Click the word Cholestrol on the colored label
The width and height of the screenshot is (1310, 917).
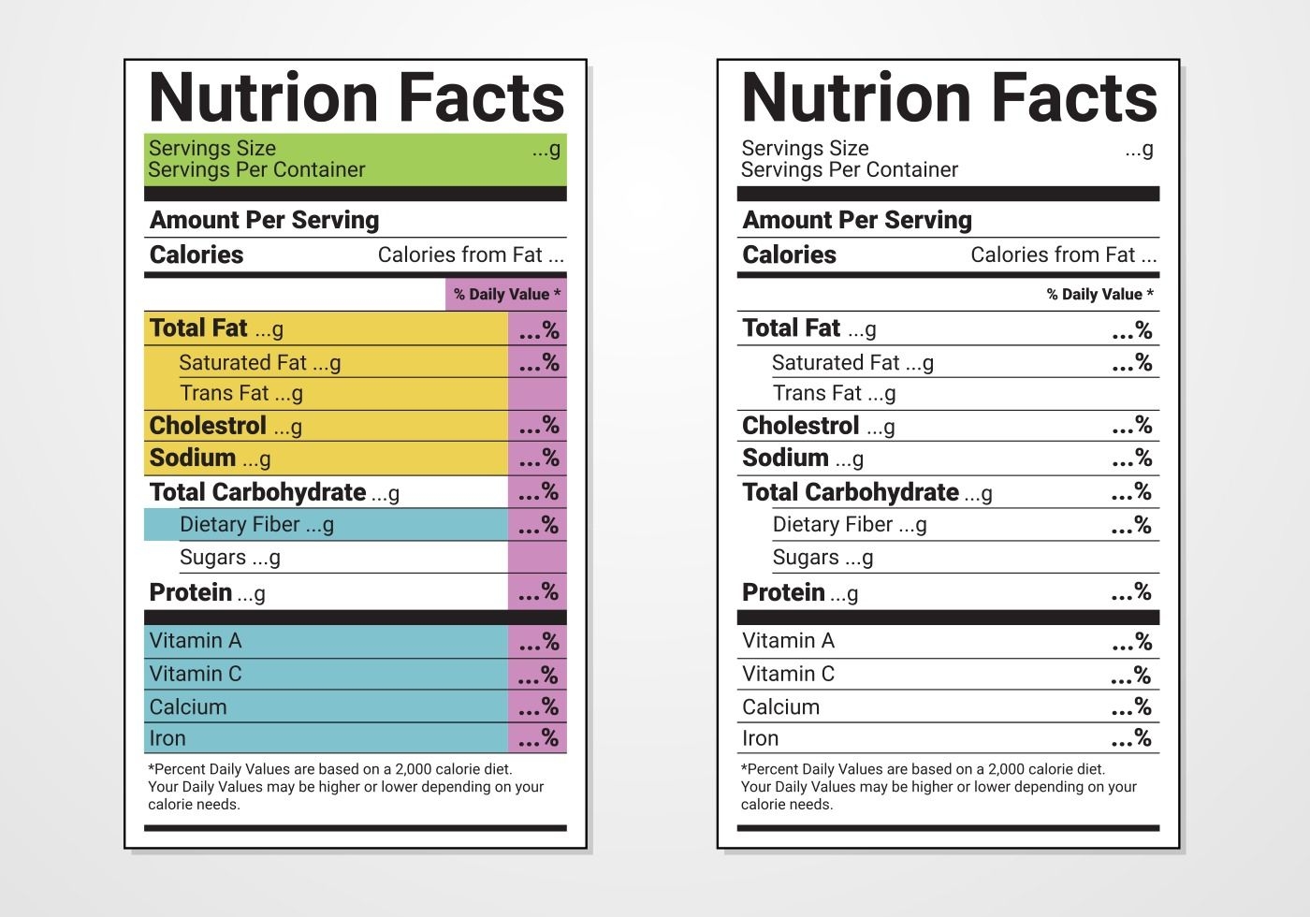pyautogui.click(x=208, y=426)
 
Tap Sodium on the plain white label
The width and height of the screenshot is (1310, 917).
pyautogui.click(x=785, y=458)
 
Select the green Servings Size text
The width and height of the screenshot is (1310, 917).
pyautogui.click(x=212, y=148)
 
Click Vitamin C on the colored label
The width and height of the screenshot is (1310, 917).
pyautogui.click(x=196, y=674)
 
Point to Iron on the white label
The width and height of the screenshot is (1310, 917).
pyautogui.click(x=760, y=738)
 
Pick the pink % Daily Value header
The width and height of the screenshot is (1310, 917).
pyautogui.click(x=507, y=294)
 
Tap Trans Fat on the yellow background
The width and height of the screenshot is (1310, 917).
pyautogui.click(x=225, y=393)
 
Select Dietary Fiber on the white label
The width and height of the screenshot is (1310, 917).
pyautogui.click(x=833, y=524)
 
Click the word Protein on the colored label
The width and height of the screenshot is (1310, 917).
pyautogui.click(x=191, y=592)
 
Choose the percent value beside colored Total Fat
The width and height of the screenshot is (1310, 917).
pyautogui.click(x=539, y=330)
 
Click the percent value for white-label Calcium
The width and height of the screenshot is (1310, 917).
pyautogui.click(x=1131, y=706)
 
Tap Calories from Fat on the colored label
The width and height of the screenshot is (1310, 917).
pyautogui.click(x=460, y=255)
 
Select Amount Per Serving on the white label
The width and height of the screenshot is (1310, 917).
pyautogui.click(x=857, y=220)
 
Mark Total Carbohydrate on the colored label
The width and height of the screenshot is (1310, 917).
pyautogui.click(x=257, y=492)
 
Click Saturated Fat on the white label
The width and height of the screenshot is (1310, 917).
pyautogui.click(x=836, y=362)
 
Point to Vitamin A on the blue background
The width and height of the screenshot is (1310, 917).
pyautogui.click(x=196, y=641)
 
